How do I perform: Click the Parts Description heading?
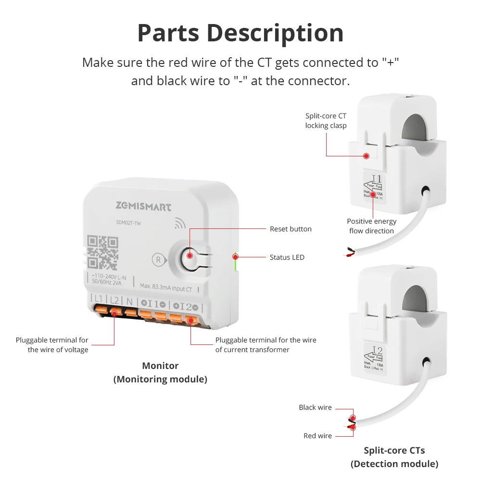click(x=240, y=33)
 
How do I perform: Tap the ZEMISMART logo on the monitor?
click(x=143, y=207)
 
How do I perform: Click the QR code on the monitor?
click(x=103, y=252)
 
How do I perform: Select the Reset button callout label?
click(x=291, y=229)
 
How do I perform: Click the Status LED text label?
click(x=287, y=257)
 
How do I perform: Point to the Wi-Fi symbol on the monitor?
click(x=180, y=223)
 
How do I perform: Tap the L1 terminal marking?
click(x=98, y=299)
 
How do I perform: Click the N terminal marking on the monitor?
click(x=129, y=301)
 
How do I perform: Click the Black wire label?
click(x=315, y=407)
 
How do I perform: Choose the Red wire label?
click(x=317, y=436)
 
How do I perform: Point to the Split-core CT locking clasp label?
click(x=326, y=121)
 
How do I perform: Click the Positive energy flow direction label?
click(x=372, y=226)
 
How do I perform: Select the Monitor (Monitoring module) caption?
click(x=160, y=373)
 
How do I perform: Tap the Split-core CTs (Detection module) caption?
click(x=394, y=457)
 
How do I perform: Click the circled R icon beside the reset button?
click(x=157, y=259)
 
